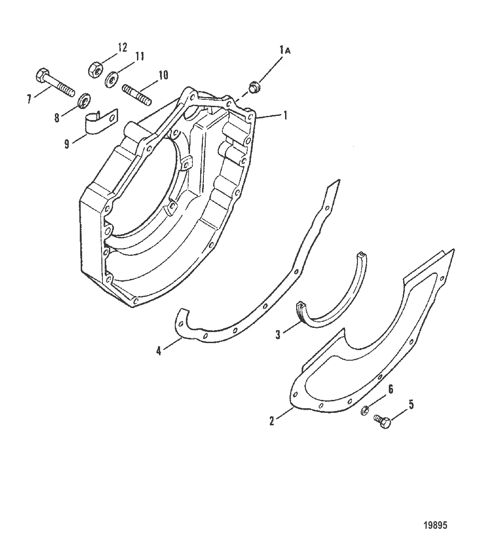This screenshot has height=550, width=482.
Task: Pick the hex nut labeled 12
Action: pos(95,69)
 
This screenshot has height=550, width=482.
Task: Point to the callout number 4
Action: pos(159,351)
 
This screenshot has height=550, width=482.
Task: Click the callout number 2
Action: pos(273,421)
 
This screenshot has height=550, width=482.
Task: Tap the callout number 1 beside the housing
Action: pos(286,116)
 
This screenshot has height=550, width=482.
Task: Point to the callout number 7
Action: pos(29,98)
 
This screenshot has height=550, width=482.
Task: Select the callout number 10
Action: pos(163,75)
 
